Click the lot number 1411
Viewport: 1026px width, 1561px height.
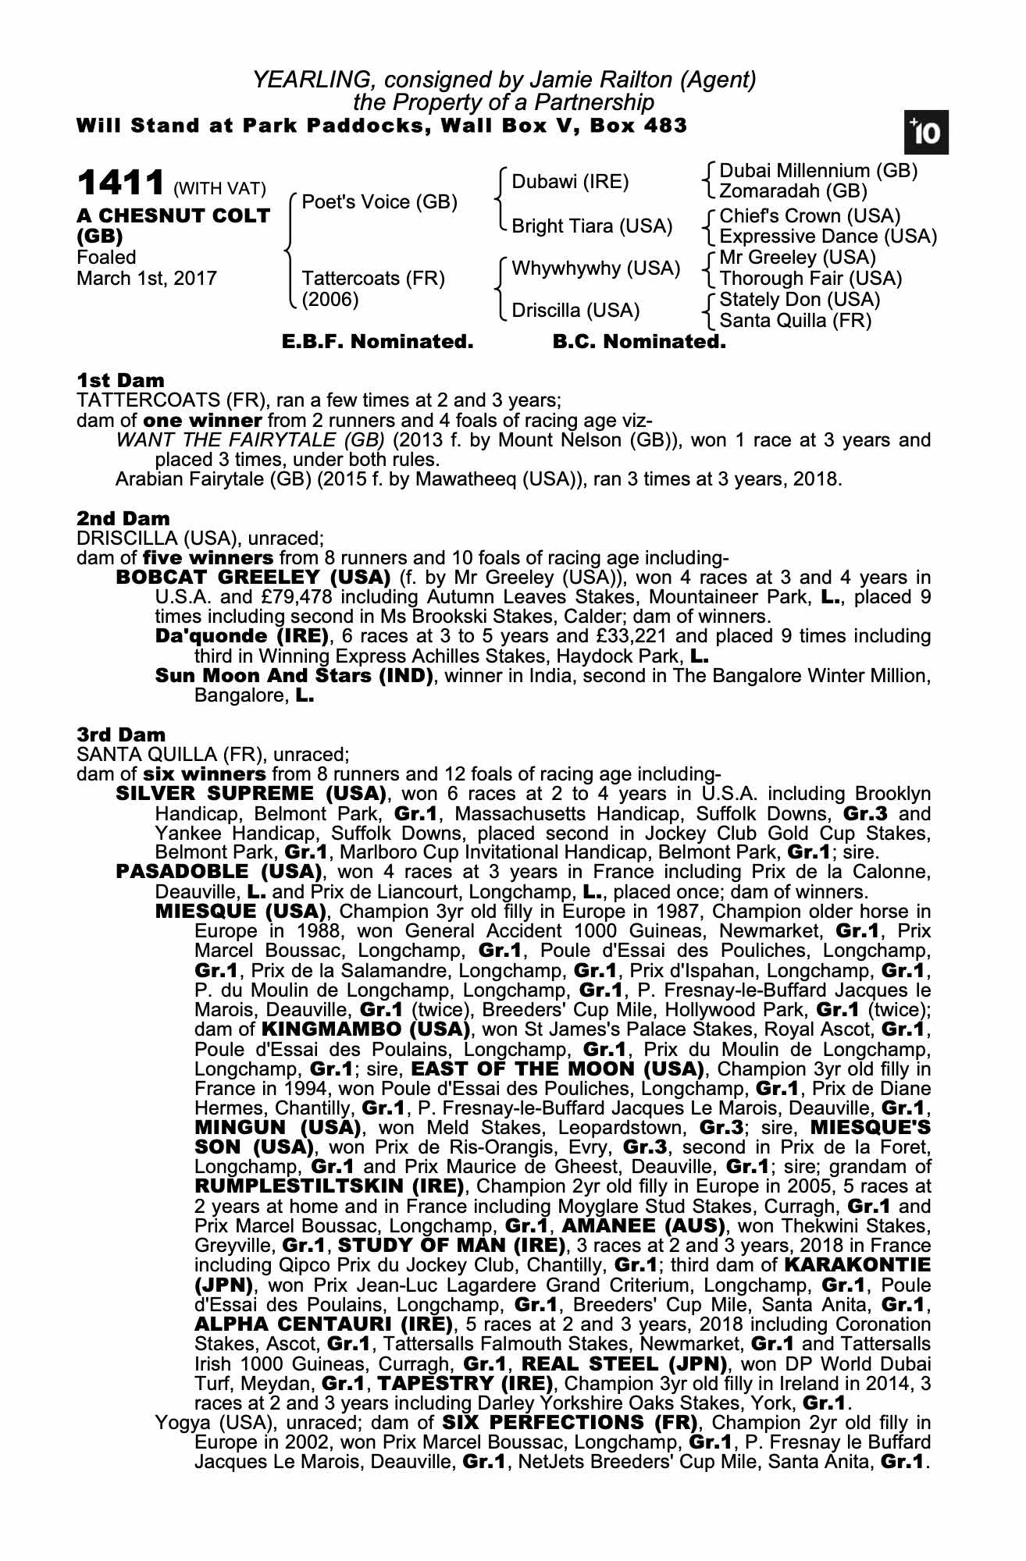tap(120, 184)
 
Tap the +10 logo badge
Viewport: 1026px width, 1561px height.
tap(926, 133)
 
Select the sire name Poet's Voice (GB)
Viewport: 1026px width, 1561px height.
tap(379, 202)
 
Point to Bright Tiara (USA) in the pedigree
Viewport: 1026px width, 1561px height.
tap(592, 226)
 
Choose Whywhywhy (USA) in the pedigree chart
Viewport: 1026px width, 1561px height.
tap(596, 268)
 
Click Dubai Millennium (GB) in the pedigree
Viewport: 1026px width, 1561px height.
tap(818, 171)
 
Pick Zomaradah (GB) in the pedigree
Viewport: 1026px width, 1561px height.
tap(793, 191)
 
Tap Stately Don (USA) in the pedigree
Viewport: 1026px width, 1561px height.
tap(800, 300)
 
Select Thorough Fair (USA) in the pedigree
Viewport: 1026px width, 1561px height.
tap(810, 279)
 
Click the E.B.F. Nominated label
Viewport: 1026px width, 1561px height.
tap(377, 342)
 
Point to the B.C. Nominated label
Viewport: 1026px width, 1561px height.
tap(639, 342)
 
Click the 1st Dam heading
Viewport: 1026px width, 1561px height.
tap(121, 381)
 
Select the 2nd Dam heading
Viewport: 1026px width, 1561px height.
tap(123, 518)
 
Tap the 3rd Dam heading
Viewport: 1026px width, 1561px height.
tap(122, 734)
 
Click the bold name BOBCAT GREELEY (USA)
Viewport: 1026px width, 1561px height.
tap(253, 578)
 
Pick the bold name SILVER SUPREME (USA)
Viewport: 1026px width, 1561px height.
tap(251, 794)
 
